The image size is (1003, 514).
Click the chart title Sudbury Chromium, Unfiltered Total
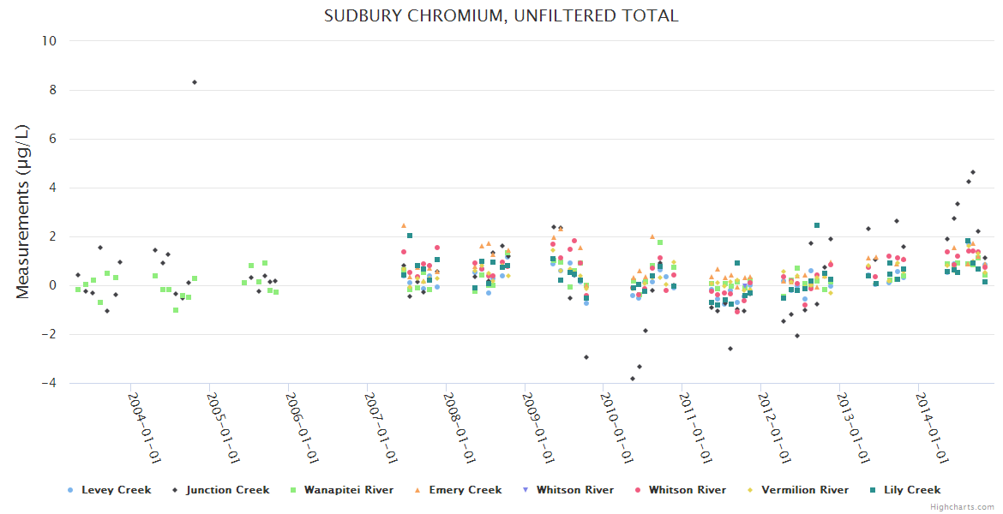(x=501, y=15)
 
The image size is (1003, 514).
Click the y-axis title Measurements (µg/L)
(x=23, y=212)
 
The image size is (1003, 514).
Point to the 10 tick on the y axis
(x=50, y=40)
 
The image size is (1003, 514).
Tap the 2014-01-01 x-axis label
(x=934, y=427)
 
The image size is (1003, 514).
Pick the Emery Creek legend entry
(x=465, y=490)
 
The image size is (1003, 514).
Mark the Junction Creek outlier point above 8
(x=195, y=82)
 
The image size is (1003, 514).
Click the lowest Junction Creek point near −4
(x=633, y=379)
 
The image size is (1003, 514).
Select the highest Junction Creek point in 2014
(x=973, y=172)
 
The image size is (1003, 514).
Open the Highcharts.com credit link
(x=962, y=507)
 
